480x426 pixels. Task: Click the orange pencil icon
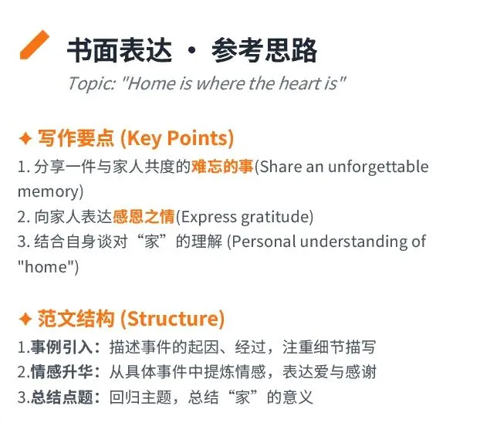(x=34, y=45)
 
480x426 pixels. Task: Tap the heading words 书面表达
(x=120, y=50)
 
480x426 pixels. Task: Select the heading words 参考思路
(x=264, y=50)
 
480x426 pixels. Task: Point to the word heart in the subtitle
(x=298, y=83)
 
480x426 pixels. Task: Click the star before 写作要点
(x=25, y=138)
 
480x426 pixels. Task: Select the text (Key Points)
(x=177, y=139)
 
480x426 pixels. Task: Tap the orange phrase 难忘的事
(x=222, y=167)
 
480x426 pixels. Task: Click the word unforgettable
(x=378, y=167)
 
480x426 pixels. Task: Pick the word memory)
(x=50, y=192)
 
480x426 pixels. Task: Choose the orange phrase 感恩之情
(x=144, y=217)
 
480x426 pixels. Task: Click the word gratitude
(x=277, y=217)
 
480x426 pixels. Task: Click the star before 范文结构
(x=25, y=319)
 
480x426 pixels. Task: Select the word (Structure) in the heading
(x=173, y=319)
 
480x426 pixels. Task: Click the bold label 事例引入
(x=62, y=347)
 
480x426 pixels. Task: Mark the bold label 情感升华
(x=62, y=372)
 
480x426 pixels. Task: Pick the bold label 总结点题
(x=62, y=397)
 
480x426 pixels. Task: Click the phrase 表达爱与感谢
(x=329, y=372)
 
